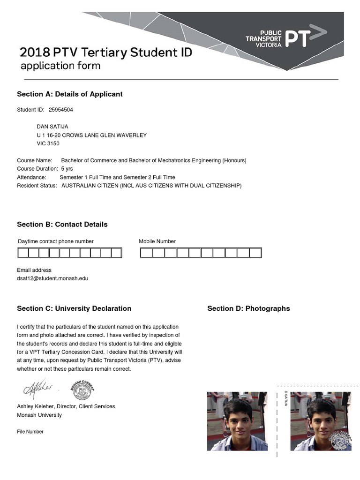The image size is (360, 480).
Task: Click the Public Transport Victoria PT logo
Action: [286, 38]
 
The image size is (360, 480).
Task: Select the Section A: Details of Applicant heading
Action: [70, 94]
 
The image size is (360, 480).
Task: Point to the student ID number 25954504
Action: [61, 110]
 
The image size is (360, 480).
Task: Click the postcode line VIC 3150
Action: [48, 144]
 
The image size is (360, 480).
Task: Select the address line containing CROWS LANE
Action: [91, 135]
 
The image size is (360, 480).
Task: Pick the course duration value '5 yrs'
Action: [67, 169]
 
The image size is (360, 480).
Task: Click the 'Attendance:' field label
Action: [31, 178]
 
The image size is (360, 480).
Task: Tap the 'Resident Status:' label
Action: [37, 186]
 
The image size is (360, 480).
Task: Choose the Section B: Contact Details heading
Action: [62, 225]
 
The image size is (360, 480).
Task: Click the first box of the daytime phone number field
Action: [23, 253]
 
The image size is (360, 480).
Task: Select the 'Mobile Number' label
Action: [157, 241]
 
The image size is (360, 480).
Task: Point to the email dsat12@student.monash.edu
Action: [52, 278]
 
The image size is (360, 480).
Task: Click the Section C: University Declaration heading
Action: [74, 308]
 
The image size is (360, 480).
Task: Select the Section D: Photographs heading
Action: [248, 308]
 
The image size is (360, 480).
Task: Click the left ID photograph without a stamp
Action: [237, 421]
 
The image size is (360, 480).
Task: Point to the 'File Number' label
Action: [30, 432]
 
